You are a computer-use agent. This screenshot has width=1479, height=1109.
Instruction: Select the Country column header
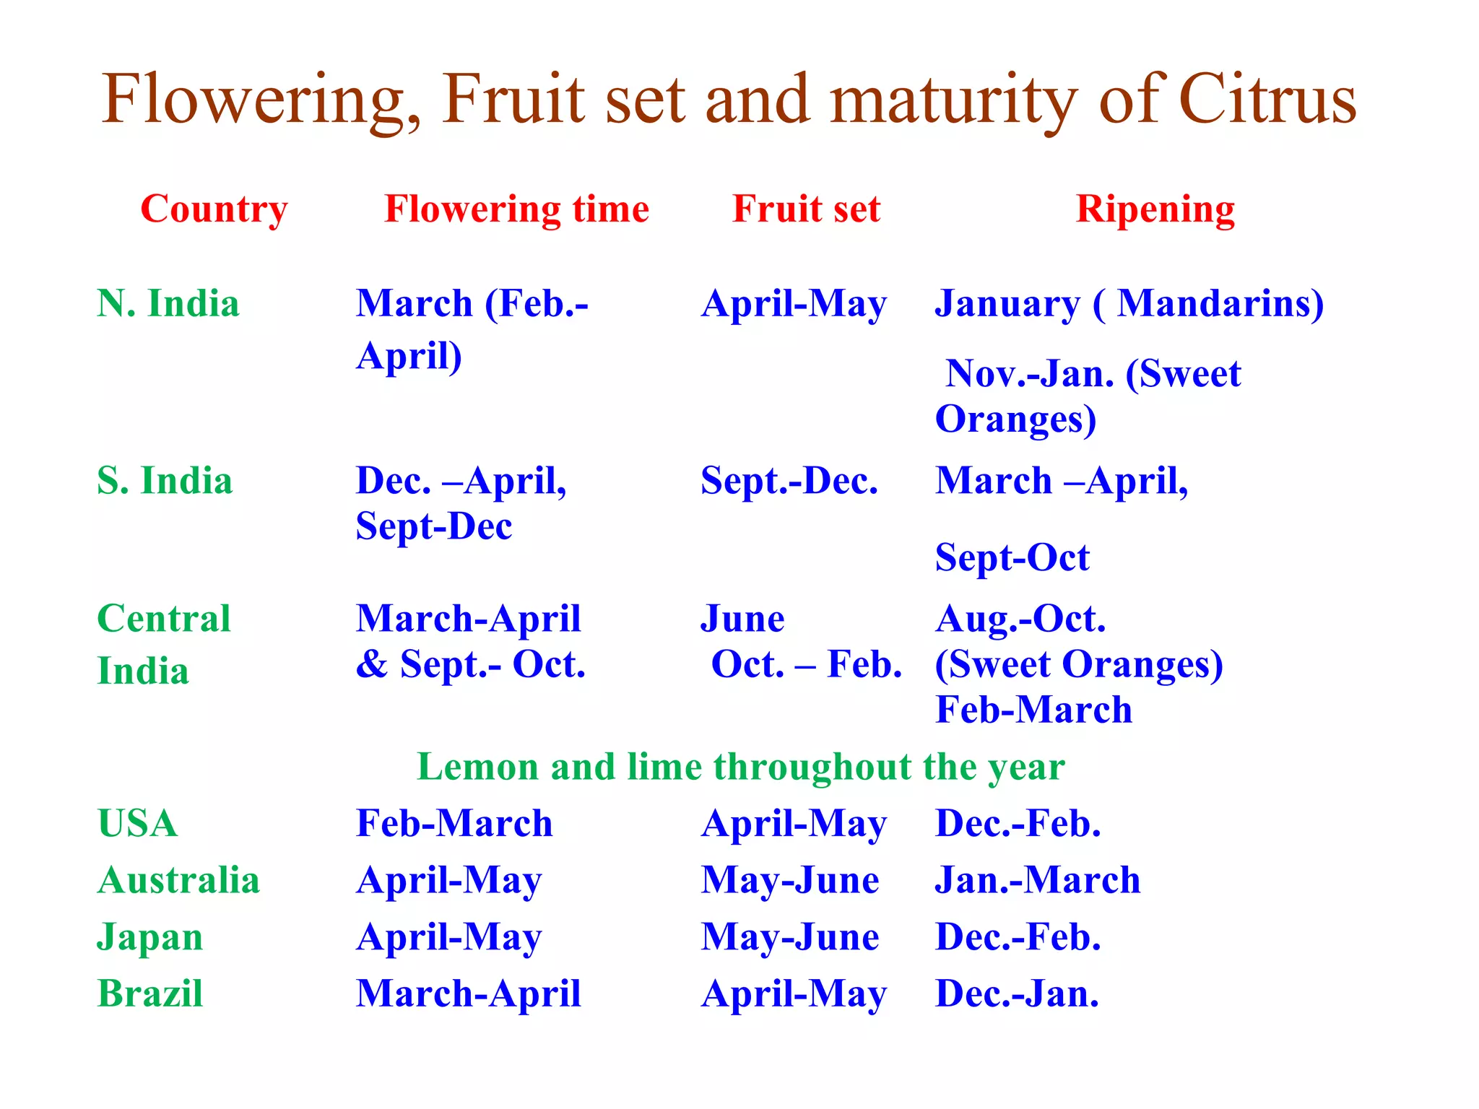(214, 209)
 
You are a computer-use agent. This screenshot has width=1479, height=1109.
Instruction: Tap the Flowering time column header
(516, 209)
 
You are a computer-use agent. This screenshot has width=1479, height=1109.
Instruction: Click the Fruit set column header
(806, 209)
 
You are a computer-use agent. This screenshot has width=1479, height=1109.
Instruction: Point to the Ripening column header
(1155, 209)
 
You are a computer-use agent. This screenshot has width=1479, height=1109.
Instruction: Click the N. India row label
(168, 303)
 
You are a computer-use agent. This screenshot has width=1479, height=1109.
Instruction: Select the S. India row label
(165, 481)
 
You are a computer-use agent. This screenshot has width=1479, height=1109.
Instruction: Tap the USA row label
(137, 823)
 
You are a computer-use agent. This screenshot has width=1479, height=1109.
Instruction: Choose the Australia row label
(178, 880)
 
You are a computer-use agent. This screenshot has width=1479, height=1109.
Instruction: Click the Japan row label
(150, 937)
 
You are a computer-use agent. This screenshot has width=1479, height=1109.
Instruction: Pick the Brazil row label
(150, 993)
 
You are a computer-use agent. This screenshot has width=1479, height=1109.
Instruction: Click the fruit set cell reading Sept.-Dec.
(789, 481)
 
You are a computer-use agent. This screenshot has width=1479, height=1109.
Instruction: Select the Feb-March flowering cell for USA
(454, 823)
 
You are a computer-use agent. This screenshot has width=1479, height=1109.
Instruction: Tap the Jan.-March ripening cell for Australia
(1037, 880)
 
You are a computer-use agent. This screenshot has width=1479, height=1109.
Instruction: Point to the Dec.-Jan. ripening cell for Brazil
(1017, 993)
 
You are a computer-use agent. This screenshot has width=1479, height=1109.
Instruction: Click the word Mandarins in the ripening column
(1219, 303)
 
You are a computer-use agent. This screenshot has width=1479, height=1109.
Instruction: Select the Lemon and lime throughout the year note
(740, 767)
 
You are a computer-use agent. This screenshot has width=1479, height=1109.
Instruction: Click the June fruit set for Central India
(742, 619)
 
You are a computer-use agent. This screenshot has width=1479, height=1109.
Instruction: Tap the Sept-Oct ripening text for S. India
(1012, 557)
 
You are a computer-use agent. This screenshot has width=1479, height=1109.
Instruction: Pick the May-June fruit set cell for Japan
(790, 937)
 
